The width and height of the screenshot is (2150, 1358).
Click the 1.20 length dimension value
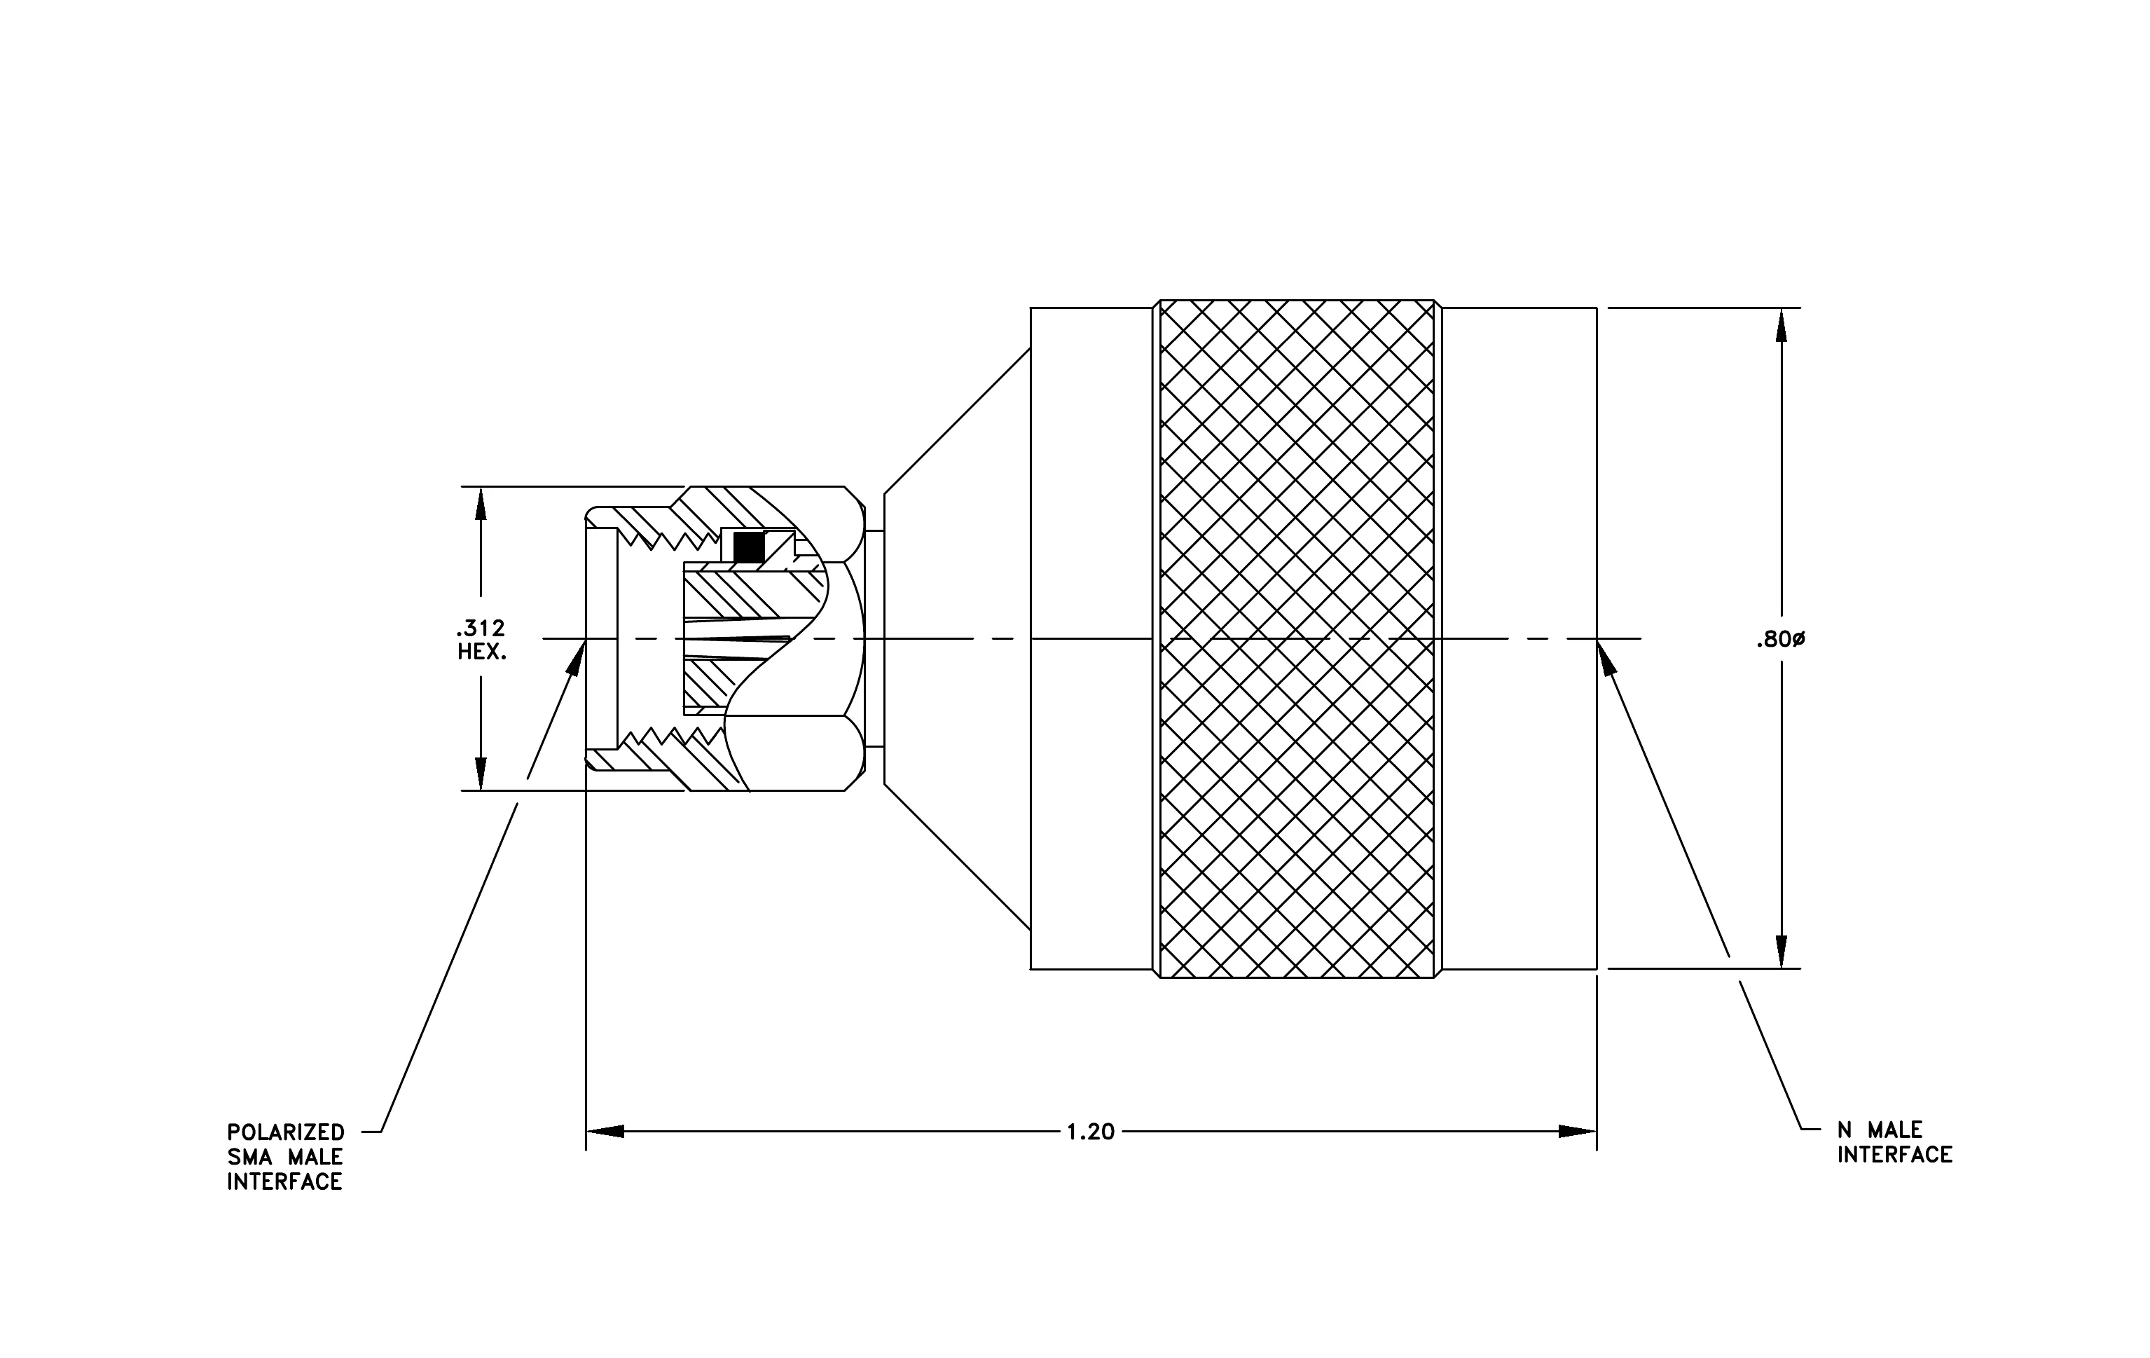coord(1090,1132)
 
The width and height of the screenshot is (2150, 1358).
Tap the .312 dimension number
coord(481,629)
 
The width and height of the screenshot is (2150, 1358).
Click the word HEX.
coord(482,652)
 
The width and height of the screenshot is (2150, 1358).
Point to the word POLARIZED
coord(286,1132)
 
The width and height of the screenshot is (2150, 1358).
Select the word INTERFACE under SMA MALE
coord(285,1182)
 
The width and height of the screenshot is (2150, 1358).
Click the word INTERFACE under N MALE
coord(1894,1155)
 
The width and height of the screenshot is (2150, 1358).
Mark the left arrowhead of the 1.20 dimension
coord(605,1131)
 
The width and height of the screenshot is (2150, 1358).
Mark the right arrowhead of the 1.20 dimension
coord(1578,1131)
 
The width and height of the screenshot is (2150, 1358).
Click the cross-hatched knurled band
coord(1297,639)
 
